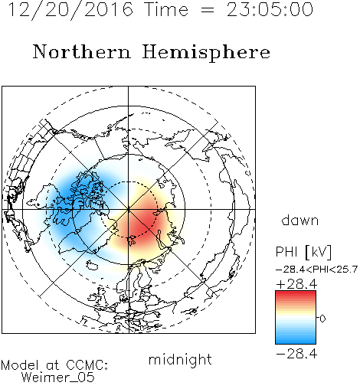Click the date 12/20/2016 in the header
pyautogui.click(x=70, y=10)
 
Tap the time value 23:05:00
pyautogui.click(x=270, y=10)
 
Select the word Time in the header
pyautogui.click(x=166, y=10)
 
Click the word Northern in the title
pyautogui.click(x=82, y=51)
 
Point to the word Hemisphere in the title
pyautogui.click(x=206, y=53)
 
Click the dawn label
pyautogui.click(x=300, y=221)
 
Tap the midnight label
pyautogui.click(x=180, y=359)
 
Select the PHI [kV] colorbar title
pyautogui.click(x=303, y=252)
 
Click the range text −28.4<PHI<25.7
pyautogui.click(x=316, y=270)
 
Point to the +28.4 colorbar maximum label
pyautogui.click(x=296, y=284)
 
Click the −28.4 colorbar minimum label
pyautogui.click(x=296, y=354)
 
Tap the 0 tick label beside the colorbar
pyautogui.click(x=322, y=319)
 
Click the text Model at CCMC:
pyautogui.click(x=54, y=365)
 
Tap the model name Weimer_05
pyautogui.click(x=58, y=377)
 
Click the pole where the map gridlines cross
pyautogui.click(x=129, y=210)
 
